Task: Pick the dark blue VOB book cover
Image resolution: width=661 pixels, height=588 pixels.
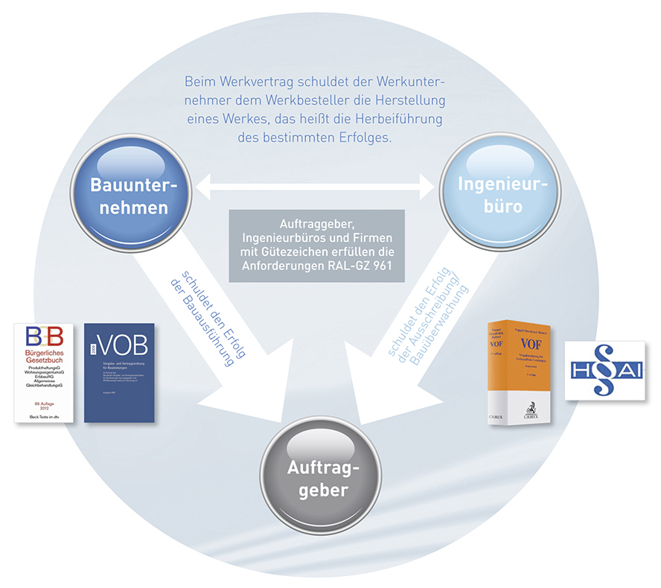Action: click(x=119, y=373)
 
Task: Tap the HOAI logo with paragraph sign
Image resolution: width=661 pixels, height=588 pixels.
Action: click(x=604, y=369)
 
